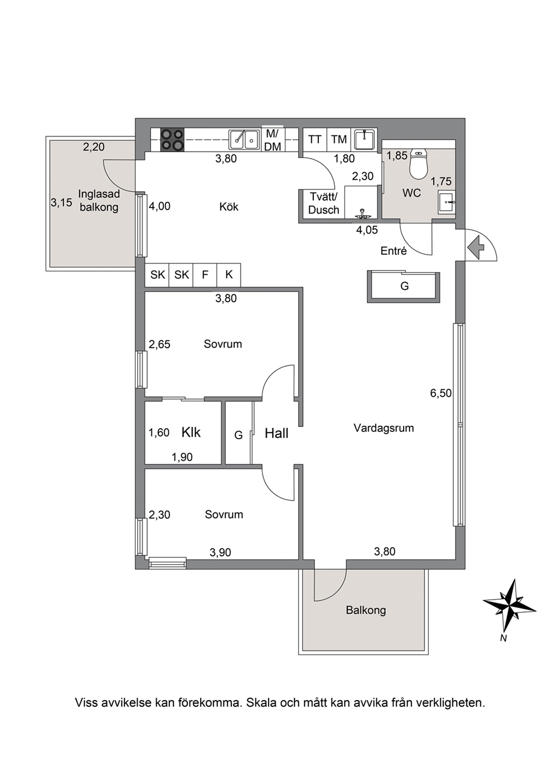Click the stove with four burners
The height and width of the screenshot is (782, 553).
[172, 140]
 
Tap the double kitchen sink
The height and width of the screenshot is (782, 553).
[244, 140]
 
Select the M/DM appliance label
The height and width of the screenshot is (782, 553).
[273, 140]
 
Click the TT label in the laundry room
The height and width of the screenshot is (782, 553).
[314, 140]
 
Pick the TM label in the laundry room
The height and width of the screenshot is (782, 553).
[338, 140]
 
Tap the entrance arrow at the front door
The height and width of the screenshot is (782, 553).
[476, 247]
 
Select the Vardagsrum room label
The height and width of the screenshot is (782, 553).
[384, 428]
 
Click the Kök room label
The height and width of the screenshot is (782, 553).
[229, 207]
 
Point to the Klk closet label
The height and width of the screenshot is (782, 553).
[191, 433]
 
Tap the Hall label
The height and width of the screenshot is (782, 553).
[276, 434]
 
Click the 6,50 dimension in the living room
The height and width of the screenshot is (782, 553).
[440, 394]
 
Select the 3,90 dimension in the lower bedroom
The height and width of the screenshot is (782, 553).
[220, 552]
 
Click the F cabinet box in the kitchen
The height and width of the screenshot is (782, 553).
[205, 275]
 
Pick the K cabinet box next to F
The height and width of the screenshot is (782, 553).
[229, 275]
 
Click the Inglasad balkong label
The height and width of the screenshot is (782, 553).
[99, 201]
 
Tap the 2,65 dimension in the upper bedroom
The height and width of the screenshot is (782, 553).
[159, 344]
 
